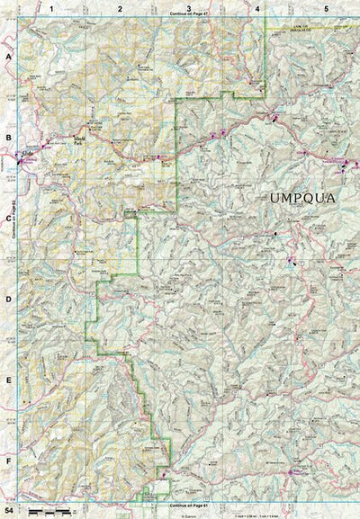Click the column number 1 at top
(52, 7)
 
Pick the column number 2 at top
(120, 7)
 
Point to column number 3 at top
(188, 7)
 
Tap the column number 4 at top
(257, 7)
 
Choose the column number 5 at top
(326, 7)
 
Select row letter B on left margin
(8, 137)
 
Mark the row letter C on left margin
(8, 219)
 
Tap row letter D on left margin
(8, 300)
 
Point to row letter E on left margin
(8, 380)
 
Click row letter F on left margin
(8, 461)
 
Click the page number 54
(7, 512)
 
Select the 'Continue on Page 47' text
(188, 15)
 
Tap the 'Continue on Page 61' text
(188, 506)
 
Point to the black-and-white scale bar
(49, 511)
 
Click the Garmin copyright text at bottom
(188, 515)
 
